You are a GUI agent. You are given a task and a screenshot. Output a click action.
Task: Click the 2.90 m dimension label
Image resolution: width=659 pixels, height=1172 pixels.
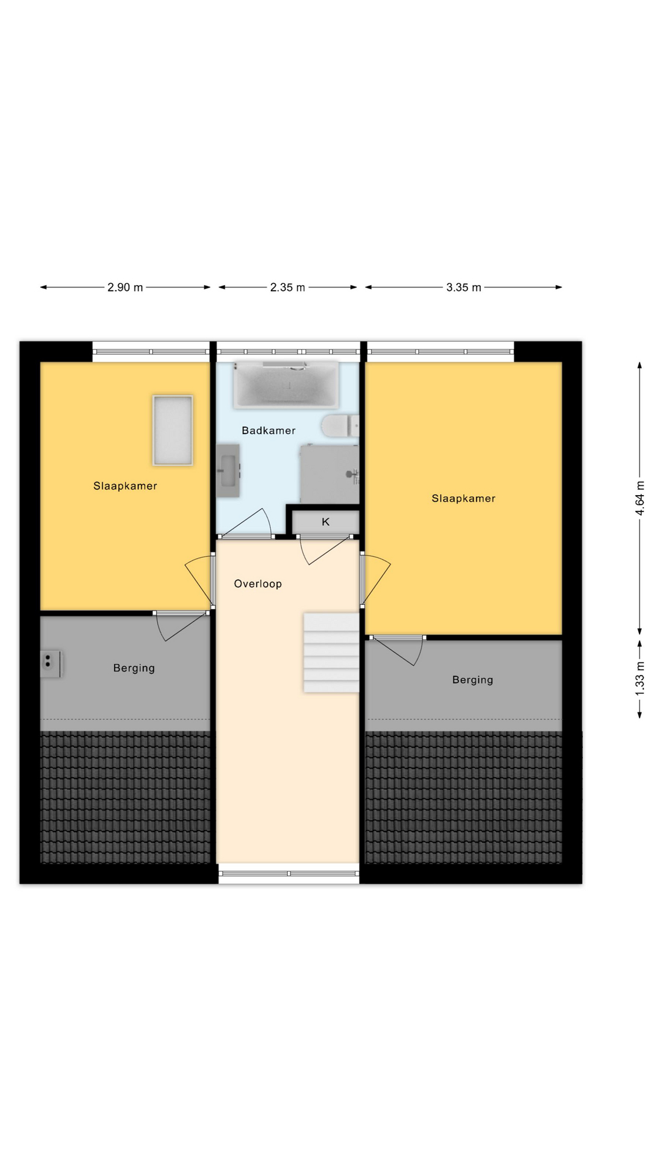[x=125, y=288]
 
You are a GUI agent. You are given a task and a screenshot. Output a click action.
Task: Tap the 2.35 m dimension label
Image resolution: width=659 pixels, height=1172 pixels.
[x=287, y=288]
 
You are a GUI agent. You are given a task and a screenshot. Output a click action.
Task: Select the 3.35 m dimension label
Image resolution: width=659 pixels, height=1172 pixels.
[x=464, y=288]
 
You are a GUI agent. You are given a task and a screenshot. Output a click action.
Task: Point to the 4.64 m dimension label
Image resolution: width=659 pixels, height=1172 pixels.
[x=640, y=498]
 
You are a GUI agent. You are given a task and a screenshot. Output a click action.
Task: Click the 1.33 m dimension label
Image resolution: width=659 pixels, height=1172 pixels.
[x=640, y=678]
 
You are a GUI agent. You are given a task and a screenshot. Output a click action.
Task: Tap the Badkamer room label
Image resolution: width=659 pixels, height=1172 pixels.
[x=268, y=430]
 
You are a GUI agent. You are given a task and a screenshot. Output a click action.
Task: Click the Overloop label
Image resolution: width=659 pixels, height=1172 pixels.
[x=258, y=584]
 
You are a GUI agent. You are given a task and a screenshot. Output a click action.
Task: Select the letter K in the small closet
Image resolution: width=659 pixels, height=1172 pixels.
[x=326, y=522]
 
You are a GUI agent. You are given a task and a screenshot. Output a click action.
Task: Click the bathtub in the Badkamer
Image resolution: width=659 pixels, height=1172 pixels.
[x=286, y=384]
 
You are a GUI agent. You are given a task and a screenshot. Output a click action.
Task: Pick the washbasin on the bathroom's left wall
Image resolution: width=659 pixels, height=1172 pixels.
[x=228, y=470]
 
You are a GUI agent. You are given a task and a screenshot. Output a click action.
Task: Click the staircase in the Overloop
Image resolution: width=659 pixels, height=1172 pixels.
[x=331, y=653]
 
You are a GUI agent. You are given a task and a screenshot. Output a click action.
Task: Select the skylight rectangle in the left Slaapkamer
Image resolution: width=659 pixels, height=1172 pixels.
[x=173, y=430]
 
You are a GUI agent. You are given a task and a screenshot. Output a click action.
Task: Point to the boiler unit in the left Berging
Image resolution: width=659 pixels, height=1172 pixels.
[x=50, y=664]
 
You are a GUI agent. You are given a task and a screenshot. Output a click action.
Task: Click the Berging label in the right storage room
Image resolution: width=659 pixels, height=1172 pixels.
[x=473, y=680]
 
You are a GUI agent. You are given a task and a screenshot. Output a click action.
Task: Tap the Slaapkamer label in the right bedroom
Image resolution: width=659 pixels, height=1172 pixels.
[x=464, y=499]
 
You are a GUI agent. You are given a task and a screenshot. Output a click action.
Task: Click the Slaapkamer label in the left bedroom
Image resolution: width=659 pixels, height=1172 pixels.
[x=125, y=487]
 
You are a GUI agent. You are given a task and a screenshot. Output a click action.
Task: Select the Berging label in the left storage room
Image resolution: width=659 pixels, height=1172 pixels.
[x=134, y=668]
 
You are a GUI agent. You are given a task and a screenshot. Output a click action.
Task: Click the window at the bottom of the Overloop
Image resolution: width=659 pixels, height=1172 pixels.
[x=289, y=874]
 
